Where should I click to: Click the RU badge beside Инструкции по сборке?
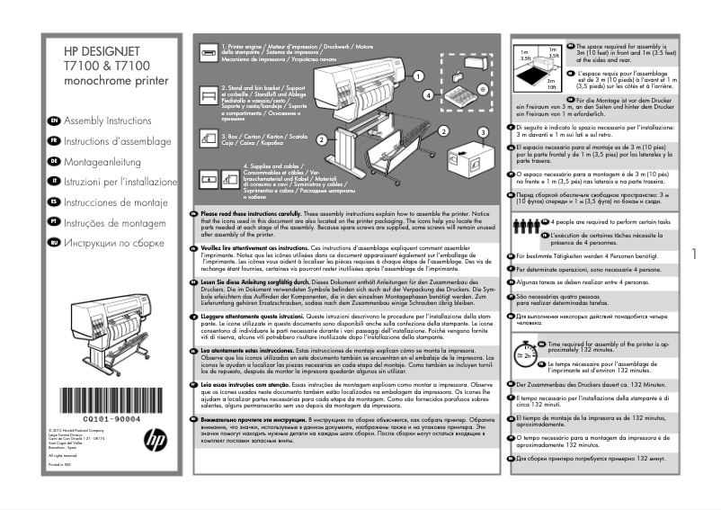tap(55, 243)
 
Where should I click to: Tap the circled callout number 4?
tap(429, 94)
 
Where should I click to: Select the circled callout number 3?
tap(483, 131)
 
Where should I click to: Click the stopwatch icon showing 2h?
tap(524, 353)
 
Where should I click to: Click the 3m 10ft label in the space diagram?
tap(552, 84)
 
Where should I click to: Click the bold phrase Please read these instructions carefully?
tap(257, 213)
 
